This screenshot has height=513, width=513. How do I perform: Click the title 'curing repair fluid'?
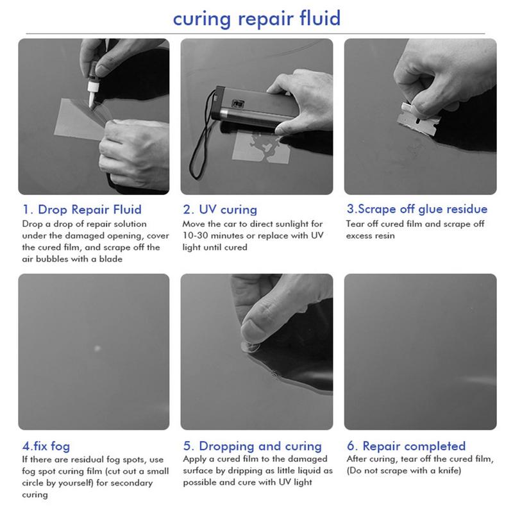tap(257, 19)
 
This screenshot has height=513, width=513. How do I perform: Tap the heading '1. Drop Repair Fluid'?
tap(82, 210)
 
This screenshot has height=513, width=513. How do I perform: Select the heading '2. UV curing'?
tap(220, 210)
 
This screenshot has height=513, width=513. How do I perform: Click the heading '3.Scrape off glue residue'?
tap(417, 210)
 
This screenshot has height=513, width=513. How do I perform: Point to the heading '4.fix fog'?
tap(46, 446)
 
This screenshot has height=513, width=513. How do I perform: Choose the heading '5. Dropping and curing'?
tap(252, 446)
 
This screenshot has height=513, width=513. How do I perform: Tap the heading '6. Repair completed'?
tap(406, 446)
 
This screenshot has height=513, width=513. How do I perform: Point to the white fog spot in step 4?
tap(97, 348)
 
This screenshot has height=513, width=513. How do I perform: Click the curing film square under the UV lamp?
tap(261, 147)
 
